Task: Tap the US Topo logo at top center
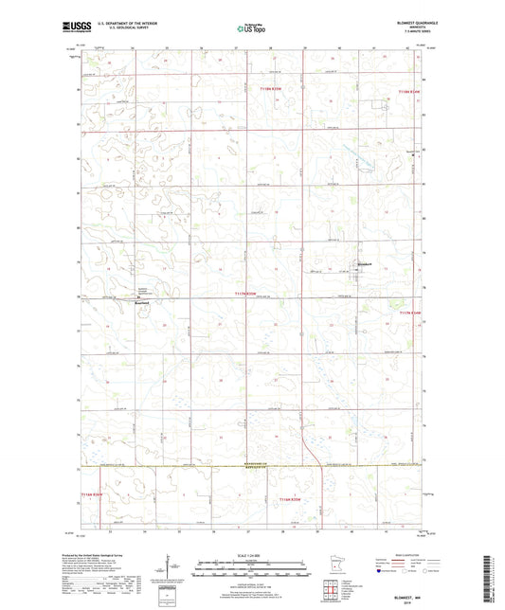[251, 29]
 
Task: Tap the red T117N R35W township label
[245, 294]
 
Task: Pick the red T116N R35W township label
[290, 498]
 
